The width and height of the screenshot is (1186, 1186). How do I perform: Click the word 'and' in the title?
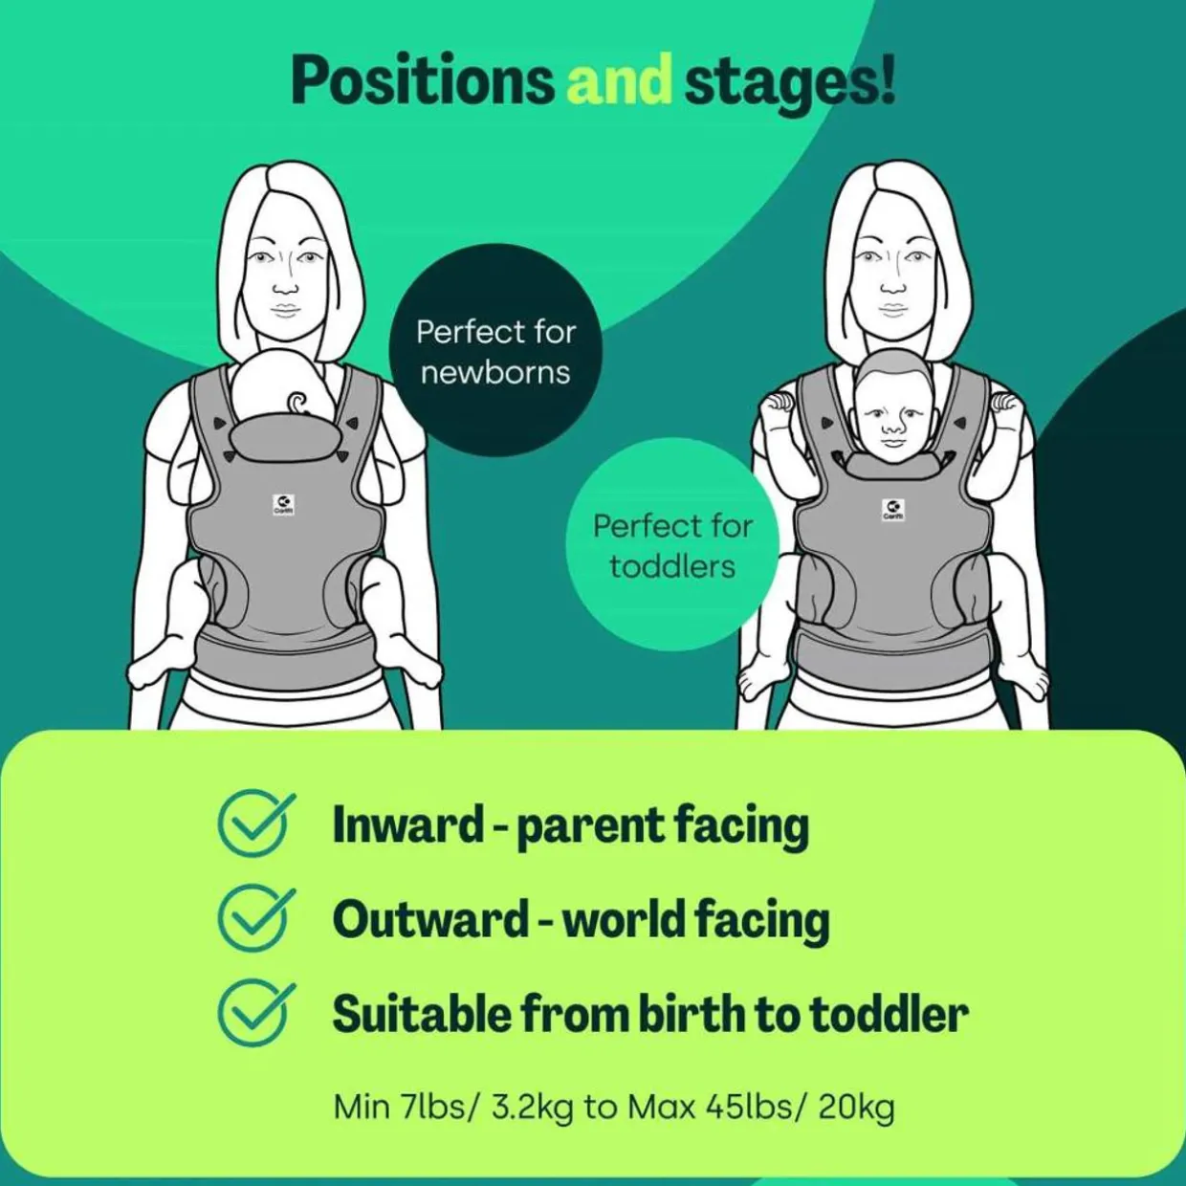[619, 81]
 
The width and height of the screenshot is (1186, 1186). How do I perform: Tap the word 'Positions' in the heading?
[422, 81]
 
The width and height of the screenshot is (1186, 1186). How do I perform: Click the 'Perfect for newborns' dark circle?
[495, 351]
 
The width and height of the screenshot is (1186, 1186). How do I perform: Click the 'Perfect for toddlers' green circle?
[672, 545]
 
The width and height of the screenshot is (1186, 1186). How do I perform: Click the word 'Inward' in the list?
[407, 824]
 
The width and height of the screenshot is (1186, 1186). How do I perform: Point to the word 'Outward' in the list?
[429, 919]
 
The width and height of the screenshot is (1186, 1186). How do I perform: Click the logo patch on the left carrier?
[284, 504]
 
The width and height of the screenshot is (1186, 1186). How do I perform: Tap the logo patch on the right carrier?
[892, 510]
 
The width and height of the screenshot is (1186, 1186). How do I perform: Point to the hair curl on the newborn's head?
[297, 402]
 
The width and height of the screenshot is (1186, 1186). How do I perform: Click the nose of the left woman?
[284, 284]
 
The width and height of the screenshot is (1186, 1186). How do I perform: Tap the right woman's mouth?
[892, 310]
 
